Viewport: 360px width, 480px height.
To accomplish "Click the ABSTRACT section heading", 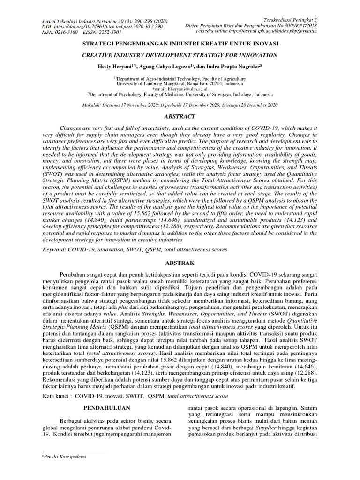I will tap(180, 116).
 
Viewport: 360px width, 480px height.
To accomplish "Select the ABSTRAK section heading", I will tap(180, 263).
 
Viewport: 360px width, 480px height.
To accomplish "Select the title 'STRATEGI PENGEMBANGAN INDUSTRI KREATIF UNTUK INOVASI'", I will tap(180, 45).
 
